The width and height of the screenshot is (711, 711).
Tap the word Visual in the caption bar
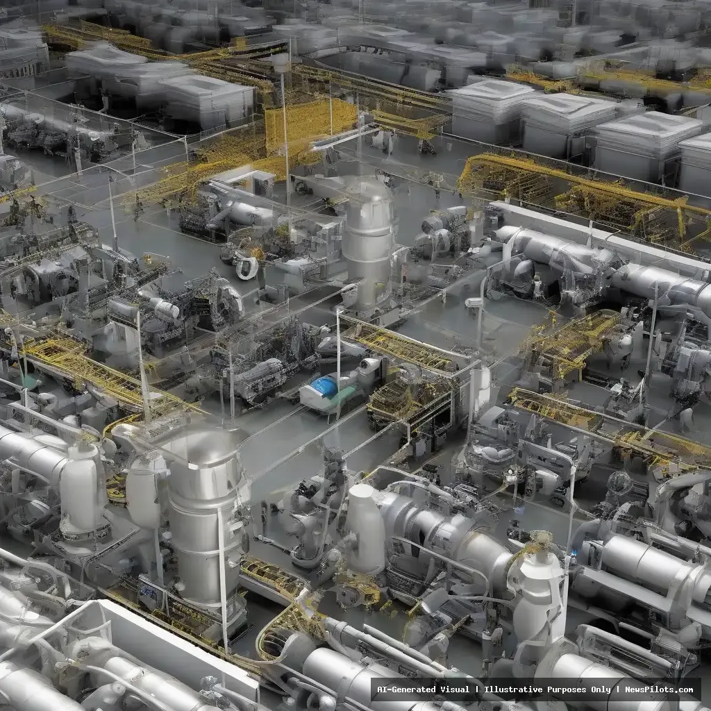pos(457,689)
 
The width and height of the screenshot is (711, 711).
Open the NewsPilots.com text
pos(659,689)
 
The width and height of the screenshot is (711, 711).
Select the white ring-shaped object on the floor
pos(247,267)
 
